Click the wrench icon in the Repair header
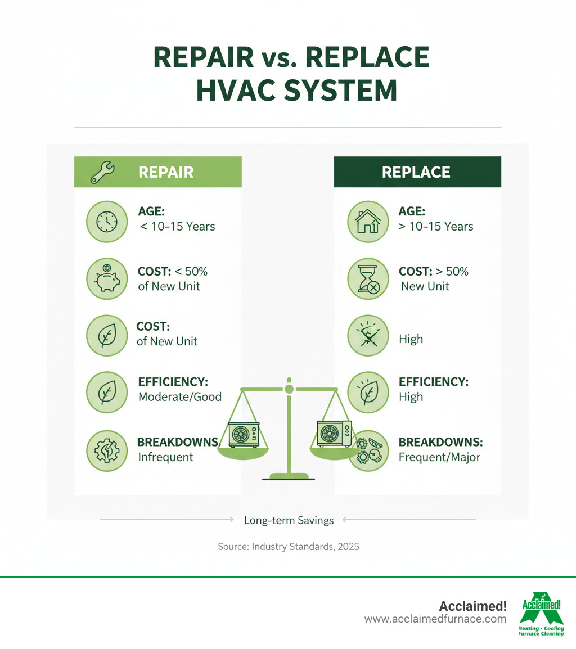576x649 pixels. click(103, 172)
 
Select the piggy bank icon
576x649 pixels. click(105, 278)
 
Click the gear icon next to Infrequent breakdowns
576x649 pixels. click(105, 450)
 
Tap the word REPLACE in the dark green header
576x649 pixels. click(416, 172)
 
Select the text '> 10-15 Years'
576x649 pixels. click(436, 226)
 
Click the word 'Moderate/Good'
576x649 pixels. click(179, 396)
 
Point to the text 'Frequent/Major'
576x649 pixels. click(439, 457)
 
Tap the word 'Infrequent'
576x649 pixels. click(165, 457)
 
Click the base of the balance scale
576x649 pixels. click(289, 477)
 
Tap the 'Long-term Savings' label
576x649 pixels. click(289, 521)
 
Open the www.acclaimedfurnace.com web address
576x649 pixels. click(435, 619)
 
